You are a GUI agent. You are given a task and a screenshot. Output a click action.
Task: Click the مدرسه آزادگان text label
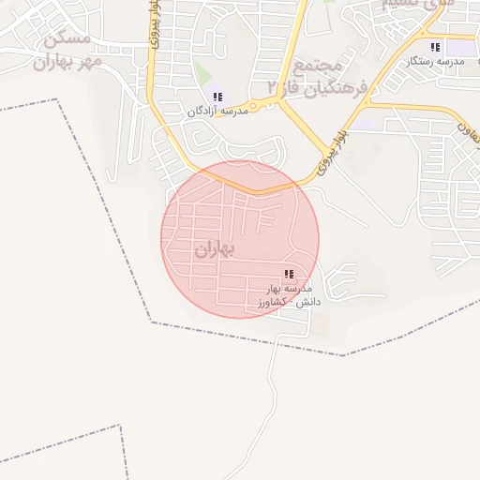(217, 111)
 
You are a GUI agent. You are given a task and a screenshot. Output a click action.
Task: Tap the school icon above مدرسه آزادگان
(217, 97)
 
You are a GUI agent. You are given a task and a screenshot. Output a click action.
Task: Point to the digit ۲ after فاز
(274, 87)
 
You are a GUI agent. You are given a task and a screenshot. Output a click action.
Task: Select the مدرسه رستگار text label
(432, 61)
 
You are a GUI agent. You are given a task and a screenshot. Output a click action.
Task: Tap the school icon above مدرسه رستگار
(433, 47)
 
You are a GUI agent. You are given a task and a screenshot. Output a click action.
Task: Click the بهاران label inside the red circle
(216, 250)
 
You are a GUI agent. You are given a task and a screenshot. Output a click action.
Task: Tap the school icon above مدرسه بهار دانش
(289, 275)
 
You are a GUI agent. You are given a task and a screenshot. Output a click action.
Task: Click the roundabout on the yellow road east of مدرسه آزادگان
(252, 106)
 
